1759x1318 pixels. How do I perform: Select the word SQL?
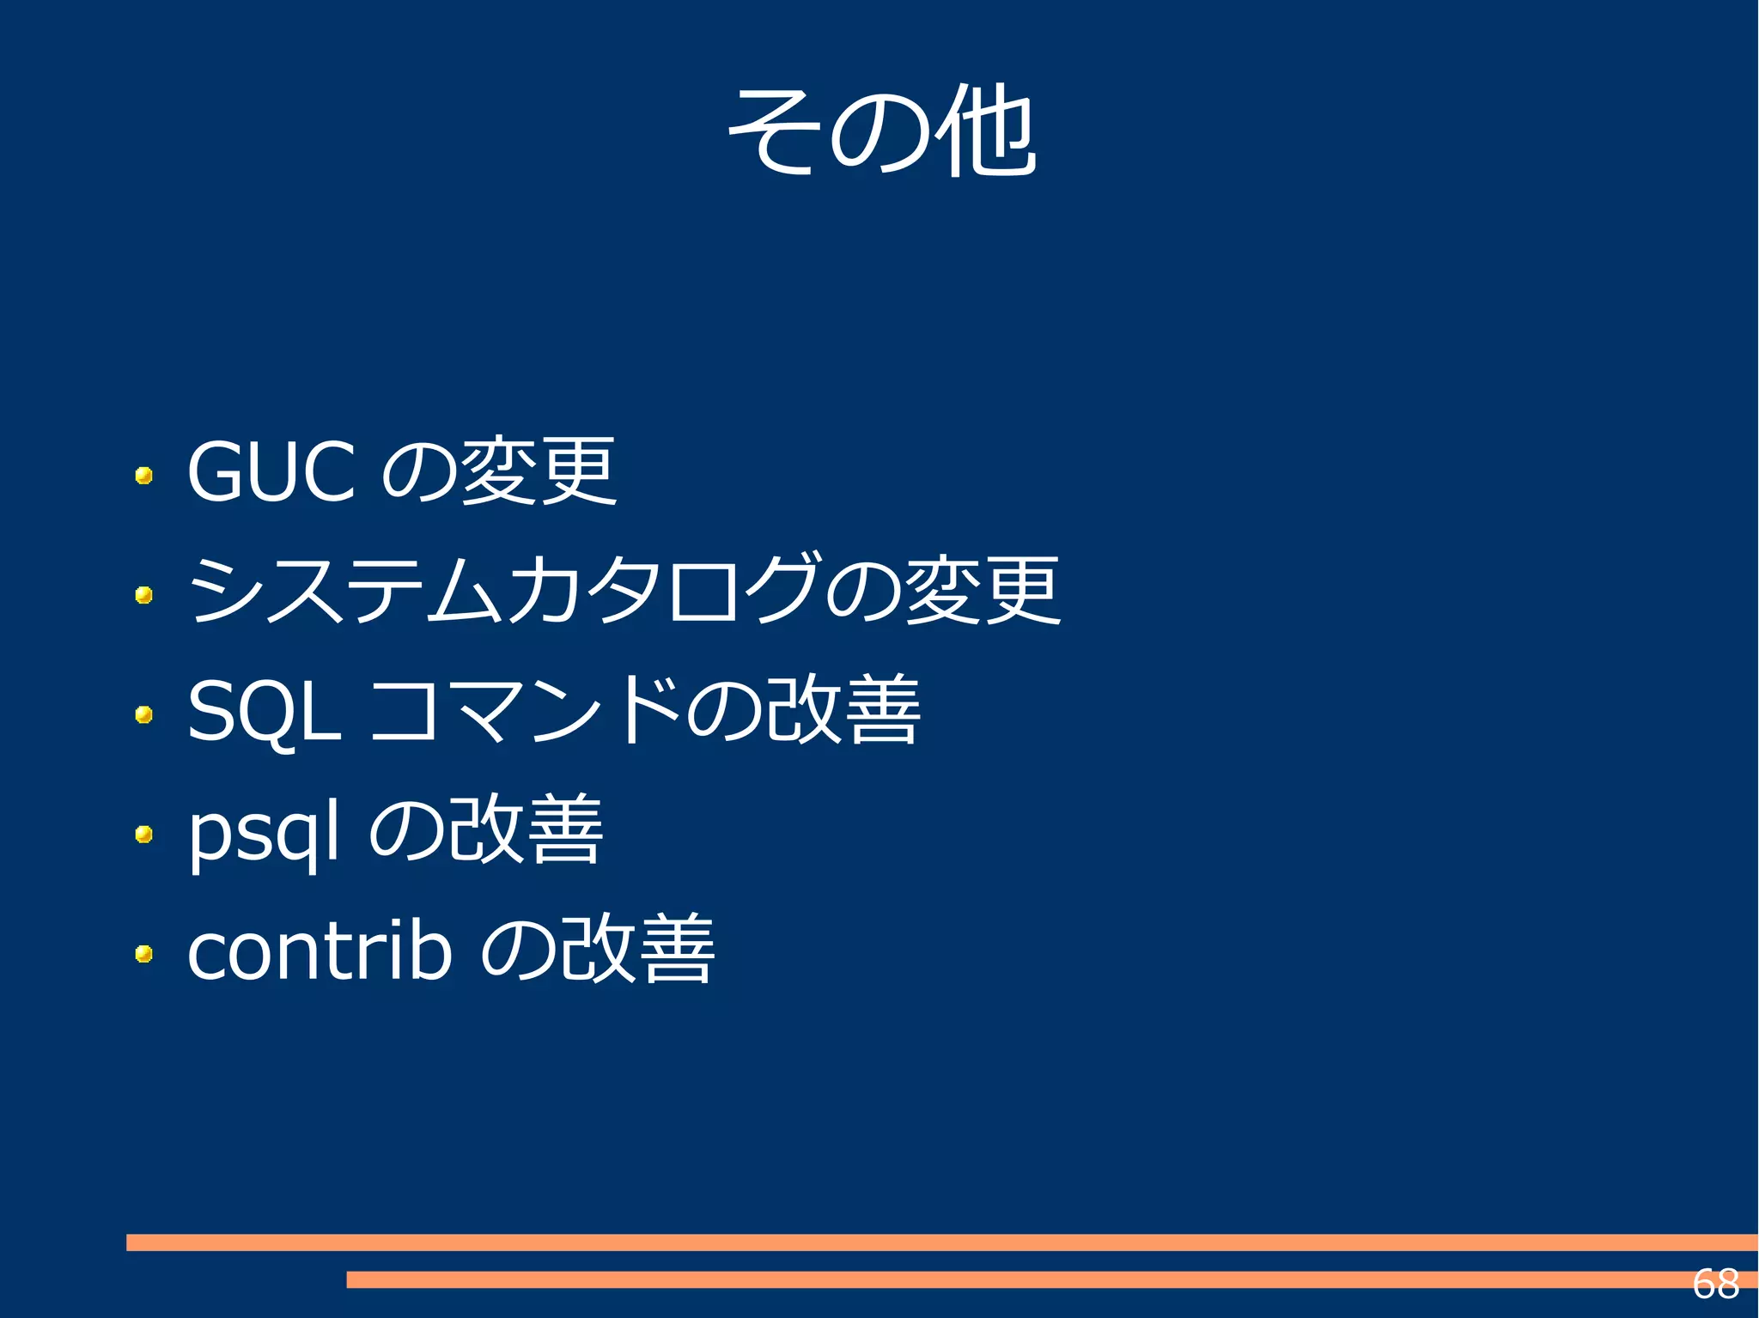(264, 710)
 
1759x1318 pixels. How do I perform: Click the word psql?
(264, 830)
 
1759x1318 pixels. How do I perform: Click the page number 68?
(1715, 1285)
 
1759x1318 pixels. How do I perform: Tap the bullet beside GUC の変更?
(144, 475)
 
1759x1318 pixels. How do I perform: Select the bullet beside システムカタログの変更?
(144, 594)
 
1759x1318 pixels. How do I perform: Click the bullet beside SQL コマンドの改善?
(144, 714)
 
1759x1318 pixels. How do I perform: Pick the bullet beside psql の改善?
(144, 834)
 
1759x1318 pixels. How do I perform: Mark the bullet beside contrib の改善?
(144, 953)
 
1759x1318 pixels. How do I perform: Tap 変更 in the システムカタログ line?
(983, 590)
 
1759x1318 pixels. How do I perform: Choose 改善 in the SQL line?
(843, 710)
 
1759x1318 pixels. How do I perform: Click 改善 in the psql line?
(526, 830)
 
